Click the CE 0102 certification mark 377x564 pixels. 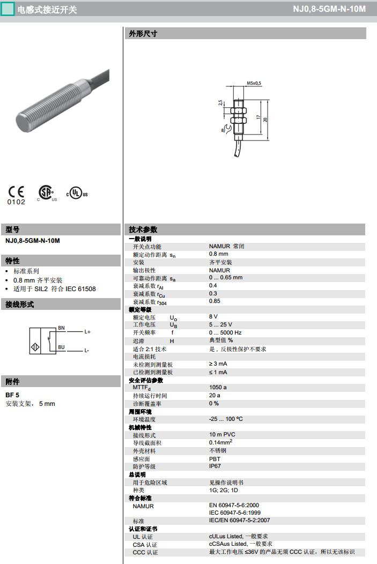pos(16,195)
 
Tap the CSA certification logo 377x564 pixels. pos(47,193)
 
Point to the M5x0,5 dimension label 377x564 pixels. pos(254,83)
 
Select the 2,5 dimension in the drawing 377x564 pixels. pos(220,102)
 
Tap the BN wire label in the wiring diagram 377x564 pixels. pos(61,328)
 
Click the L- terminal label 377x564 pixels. pos(87,351)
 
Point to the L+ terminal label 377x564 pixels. pos(87,332)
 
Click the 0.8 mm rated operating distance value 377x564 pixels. pos(219,254)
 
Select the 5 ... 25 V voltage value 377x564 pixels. pos(220,325)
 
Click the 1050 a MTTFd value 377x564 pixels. pos(218,387)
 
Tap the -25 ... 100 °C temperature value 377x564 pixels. pos(226,419)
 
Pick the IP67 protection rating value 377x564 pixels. pos(215,466)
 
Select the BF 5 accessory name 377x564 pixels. pos(12,395)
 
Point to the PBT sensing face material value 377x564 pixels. pos(215,458)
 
